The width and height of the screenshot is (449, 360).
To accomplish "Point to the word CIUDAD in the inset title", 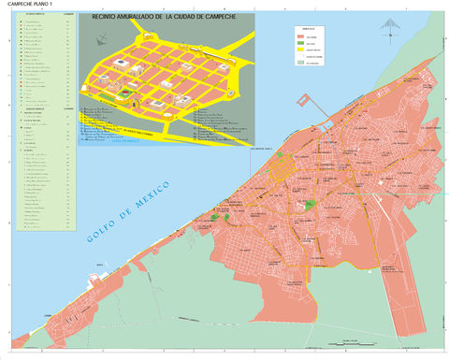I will (x=214, y=18).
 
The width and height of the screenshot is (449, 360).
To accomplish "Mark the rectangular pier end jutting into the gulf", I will (x=303, y=98).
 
